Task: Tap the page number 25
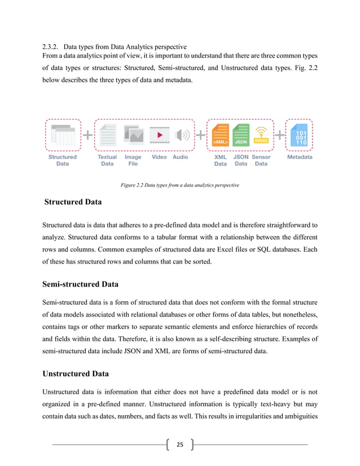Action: (x=179, y=445)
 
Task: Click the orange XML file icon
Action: (x=221, y=135)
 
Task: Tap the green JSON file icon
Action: (x=241, y=135)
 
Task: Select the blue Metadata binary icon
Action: (x=300, y=135)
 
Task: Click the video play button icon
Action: (x=160, y=135)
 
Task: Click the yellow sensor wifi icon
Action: (x=261, y=135)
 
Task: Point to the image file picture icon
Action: (x=133, y=135)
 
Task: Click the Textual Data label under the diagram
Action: (x=107, y=161)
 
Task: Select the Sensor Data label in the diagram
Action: (x=261, y=161)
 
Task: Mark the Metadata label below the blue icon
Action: (x=300, y=157)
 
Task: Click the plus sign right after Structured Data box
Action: (x=88, y=135)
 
